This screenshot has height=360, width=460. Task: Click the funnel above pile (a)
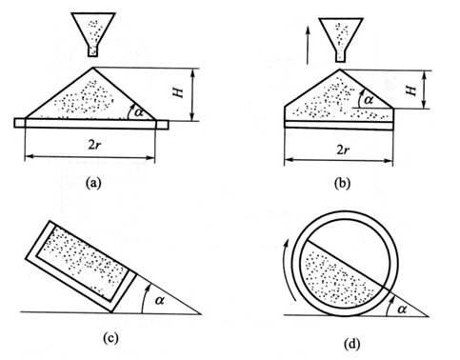[x=93, y=34]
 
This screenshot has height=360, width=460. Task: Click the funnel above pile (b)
[x=341, y=39]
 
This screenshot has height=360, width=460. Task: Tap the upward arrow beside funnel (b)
[x=308, y=45]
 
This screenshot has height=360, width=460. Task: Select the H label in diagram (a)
[x=179, y=92]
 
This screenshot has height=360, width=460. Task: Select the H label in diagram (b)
[x=411, y=91]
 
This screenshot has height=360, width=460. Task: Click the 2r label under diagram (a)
[x=96, y=145]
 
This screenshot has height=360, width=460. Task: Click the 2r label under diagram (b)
[x=342, y=150]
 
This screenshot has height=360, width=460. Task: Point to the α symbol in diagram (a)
[x=139, y=111]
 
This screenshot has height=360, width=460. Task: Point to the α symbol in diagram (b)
[x=368, y=100]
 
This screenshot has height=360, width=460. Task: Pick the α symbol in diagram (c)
[x=160, y=300]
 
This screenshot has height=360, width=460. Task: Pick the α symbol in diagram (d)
[x=402, y=309]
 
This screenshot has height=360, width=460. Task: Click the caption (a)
[x=93, y=183]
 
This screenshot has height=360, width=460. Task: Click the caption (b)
[x=343, y=184]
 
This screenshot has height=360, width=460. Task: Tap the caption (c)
[x=110, y=338]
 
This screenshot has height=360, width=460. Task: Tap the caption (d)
[x=352, y=344]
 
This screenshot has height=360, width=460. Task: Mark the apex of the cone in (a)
[x=93, y=67]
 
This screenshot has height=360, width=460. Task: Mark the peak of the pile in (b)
[x=340, y=70]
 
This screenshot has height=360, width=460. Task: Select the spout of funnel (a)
[x=92, y=51]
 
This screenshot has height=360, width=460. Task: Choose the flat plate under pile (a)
[x=91, y=123]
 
